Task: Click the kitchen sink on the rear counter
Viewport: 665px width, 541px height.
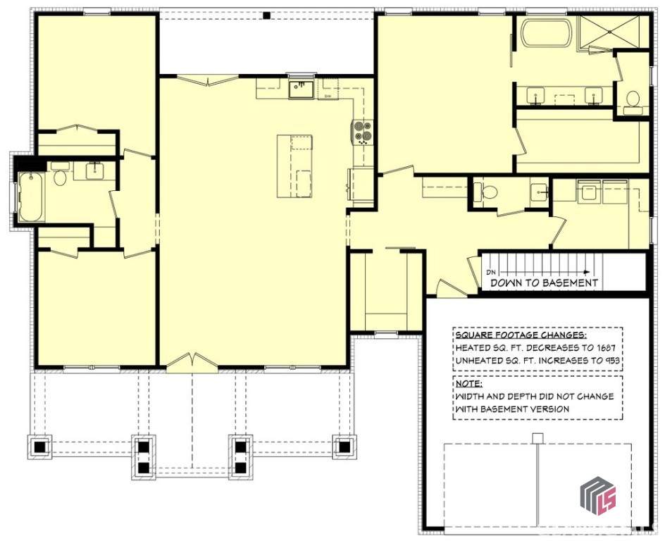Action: (301, 89)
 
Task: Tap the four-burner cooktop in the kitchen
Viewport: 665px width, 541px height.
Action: (363, 131)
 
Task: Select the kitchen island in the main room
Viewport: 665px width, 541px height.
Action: (294, 166)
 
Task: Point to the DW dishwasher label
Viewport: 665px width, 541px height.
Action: (328, 97)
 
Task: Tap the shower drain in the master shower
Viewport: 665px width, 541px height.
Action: (610, 32)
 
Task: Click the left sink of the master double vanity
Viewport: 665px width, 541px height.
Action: (537, 94)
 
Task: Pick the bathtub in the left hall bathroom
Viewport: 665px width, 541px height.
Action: (32, 197)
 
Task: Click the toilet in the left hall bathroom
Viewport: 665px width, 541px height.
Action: (59, 174)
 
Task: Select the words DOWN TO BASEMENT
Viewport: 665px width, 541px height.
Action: (544, 282)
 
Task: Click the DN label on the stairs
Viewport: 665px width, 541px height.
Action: (491, 272)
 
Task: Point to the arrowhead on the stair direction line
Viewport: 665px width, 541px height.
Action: (588, 272)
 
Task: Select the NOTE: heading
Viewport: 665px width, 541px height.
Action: (468, 384)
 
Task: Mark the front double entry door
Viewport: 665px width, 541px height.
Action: (192, 363)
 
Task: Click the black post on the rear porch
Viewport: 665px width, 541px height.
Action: (266, 15)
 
